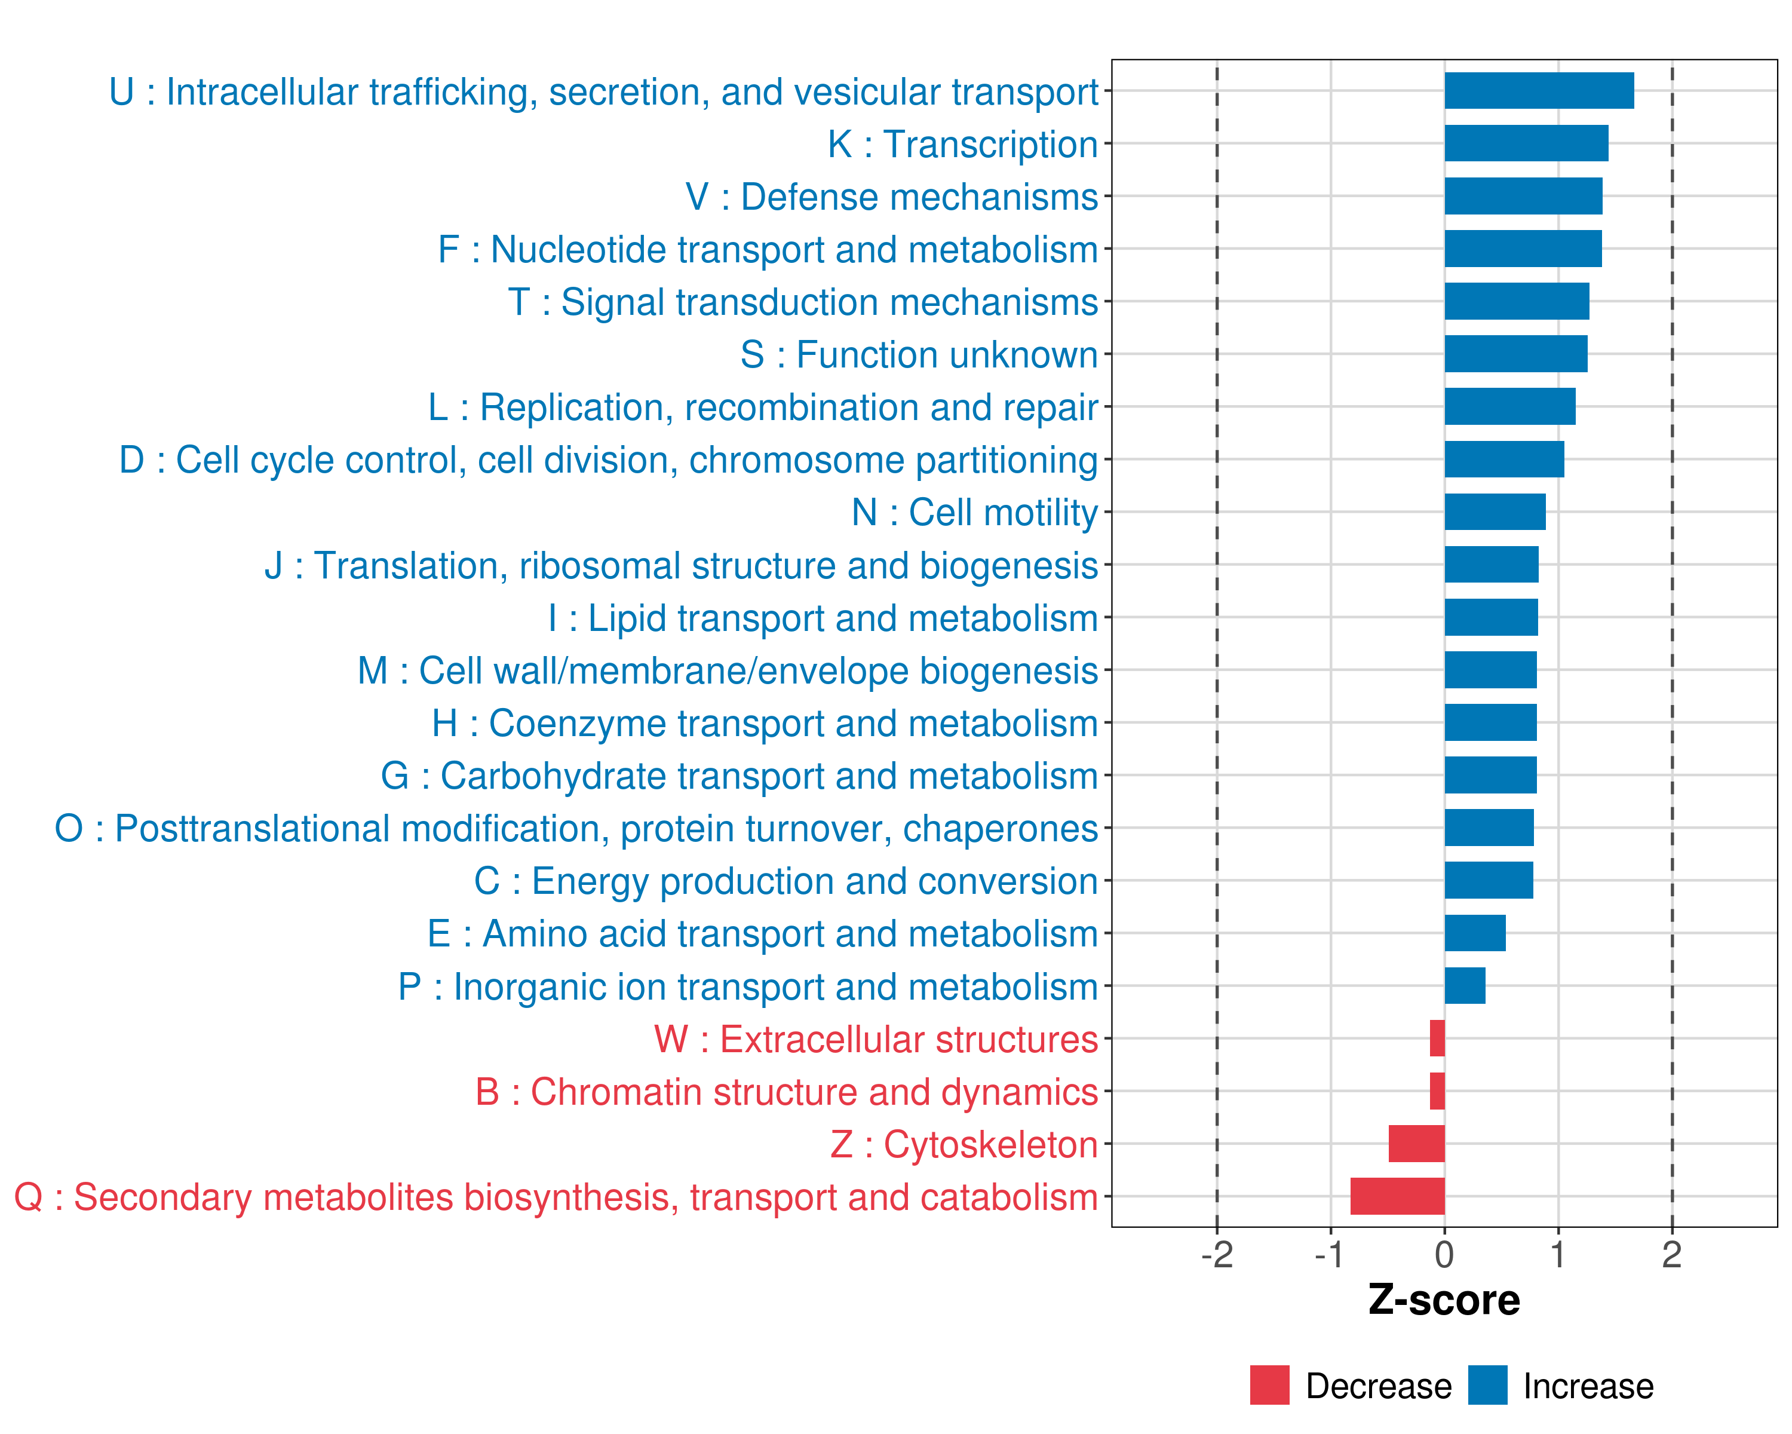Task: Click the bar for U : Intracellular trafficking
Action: pos(1539,91)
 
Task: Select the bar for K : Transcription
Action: pos(1526,143)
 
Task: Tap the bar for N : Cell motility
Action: pos(1495,512)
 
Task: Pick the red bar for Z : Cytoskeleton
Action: pos(1416,1144)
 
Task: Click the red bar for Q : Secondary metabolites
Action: pos(1397,1196)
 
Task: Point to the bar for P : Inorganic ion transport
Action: pos(1465,986)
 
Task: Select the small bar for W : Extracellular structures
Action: pos(1437,1038)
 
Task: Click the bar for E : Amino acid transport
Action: pos(1474,933)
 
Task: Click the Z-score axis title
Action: pos(1444,1300)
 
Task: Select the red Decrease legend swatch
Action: pos(1269,1385)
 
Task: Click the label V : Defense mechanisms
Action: pos(891,197)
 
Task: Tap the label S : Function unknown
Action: pos(919,355)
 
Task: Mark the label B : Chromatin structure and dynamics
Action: pos(786,1092)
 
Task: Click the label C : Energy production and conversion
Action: pos(785,881)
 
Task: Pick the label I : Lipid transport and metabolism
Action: pos(823,618)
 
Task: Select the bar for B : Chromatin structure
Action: pos(1437,1092)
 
